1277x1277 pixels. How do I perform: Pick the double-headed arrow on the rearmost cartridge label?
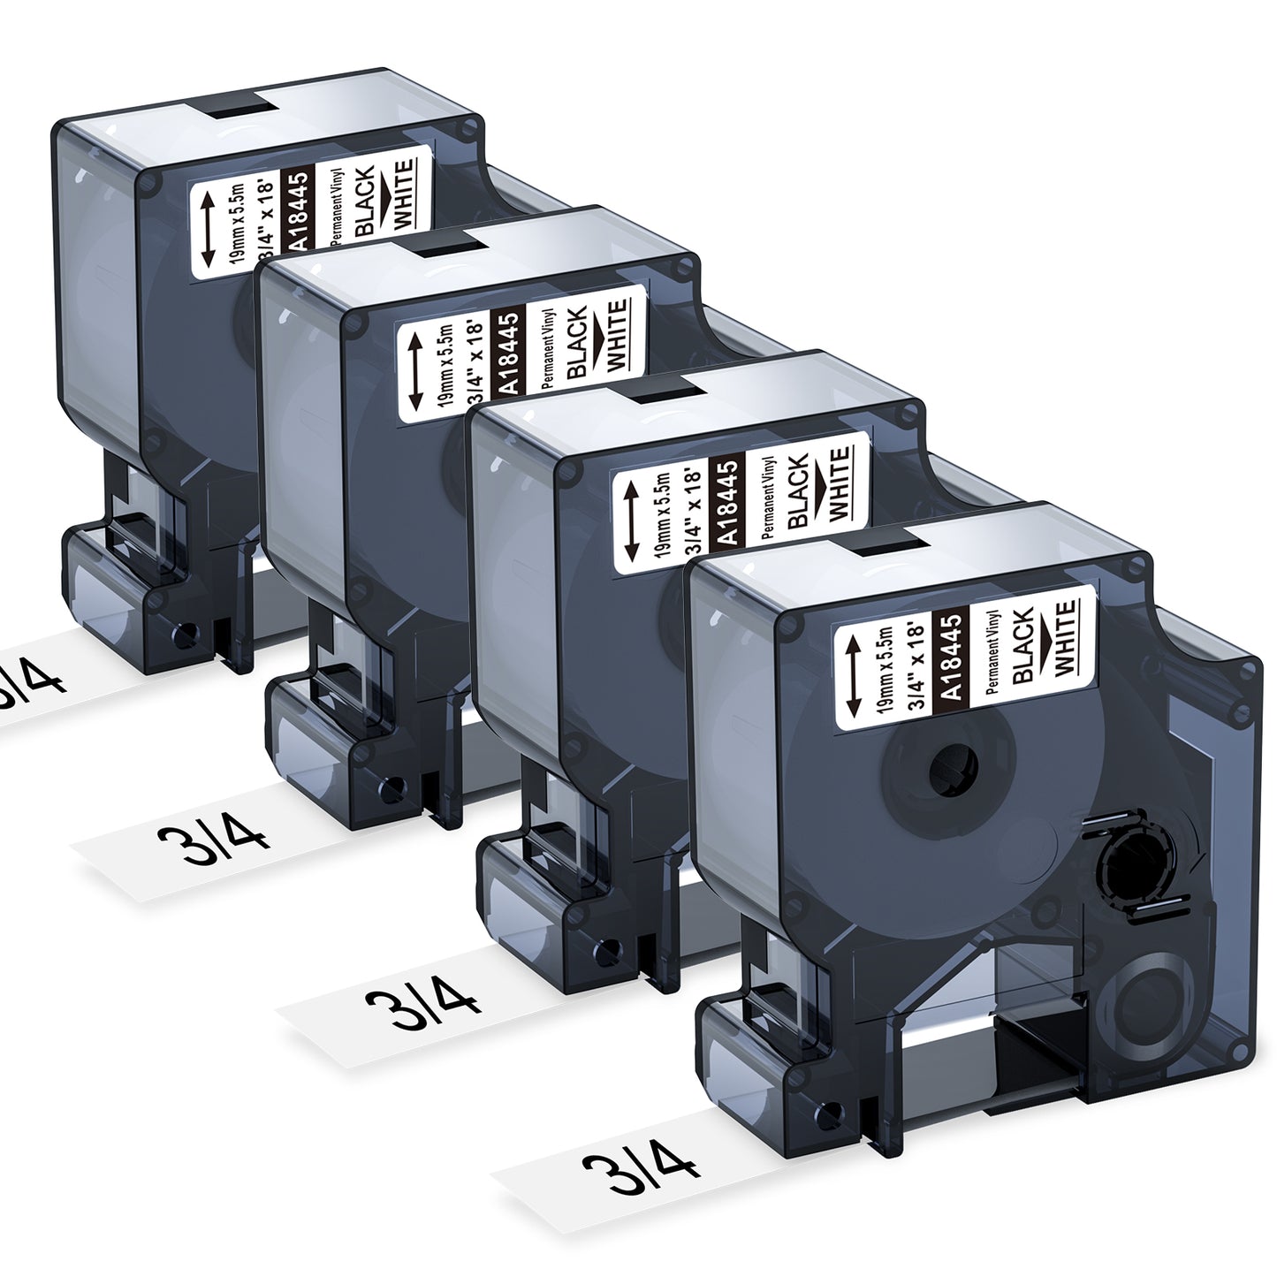tap(207, 231)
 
